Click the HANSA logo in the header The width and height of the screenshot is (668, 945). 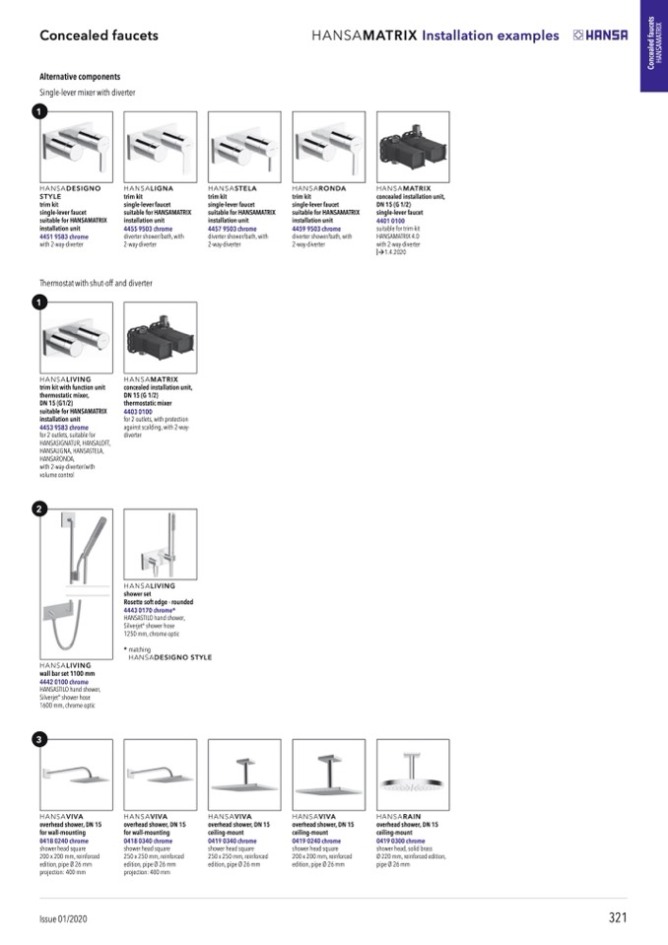(600, 35)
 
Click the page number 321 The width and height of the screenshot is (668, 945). (618, 918)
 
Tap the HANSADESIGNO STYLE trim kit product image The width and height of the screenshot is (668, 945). (76, 146)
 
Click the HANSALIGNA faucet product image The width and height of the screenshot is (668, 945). (160, 146)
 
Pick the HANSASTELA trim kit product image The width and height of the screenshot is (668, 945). (244, 146)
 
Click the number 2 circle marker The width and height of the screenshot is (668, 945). (38, 508)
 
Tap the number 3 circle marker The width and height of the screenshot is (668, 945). (38, 739)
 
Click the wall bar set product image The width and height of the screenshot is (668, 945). (76, 583)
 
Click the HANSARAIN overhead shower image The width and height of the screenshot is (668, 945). (413, 775)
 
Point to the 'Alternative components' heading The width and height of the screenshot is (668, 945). (80, 76)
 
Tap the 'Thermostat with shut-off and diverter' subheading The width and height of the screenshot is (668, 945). (96, 283)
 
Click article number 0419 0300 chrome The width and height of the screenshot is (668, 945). (401, 841)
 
